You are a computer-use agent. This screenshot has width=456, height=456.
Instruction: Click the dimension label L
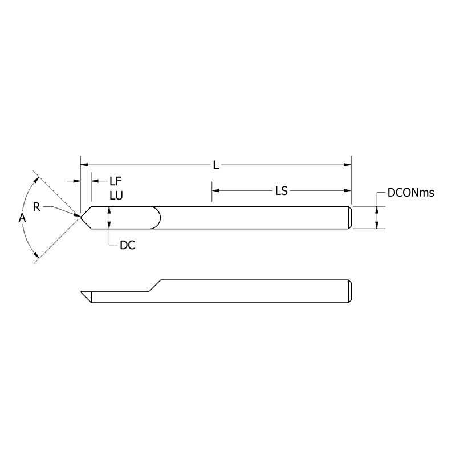coord(215,165)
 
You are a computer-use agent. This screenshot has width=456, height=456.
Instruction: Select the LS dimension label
coord(281,191)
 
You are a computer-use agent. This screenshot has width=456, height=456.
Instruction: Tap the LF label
coord(116,181)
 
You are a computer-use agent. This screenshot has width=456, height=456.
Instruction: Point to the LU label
coord(116,195)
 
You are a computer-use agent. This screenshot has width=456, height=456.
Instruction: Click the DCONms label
coord(410,193)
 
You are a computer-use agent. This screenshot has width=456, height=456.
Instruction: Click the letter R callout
coord(36,206)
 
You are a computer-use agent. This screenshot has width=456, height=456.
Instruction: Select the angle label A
coord(22,218)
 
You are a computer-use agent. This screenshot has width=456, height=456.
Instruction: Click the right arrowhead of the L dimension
coord(347,165)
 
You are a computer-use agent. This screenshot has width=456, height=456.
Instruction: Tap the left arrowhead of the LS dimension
coord(215,191)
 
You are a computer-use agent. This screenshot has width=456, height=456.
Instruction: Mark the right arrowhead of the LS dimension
coord(347,191)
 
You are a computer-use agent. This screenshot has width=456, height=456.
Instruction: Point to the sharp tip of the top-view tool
coord(80,217)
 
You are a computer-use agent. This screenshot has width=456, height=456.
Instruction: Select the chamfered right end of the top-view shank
coord(350,217)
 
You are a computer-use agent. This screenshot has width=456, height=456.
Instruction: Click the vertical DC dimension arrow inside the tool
coord(109,217)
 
